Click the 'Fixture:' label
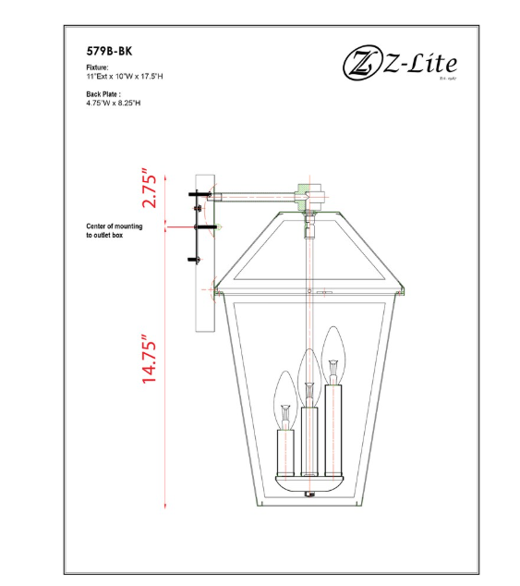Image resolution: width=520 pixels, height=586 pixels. click(x=97, y=68)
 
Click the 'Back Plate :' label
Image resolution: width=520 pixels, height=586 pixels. click(x=103, y=94)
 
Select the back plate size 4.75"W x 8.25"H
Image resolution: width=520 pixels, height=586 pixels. click(x=112, y=104)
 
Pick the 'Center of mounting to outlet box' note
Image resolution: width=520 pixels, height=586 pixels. click(x=114, y=230)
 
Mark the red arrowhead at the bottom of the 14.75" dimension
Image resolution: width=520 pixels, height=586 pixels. click(x=165, y=504)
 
